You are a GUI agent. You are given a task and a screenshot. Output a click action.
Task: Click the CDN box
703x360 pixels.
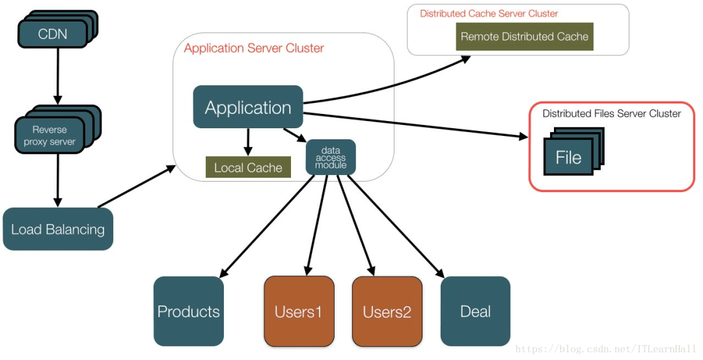(52, 33)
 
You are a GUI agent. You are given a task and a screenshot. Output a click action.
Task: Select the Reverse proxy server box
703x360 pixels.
(49, 135)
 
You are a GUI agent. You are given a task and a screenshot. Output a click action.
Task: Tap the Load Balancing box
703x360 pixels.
(58, 229)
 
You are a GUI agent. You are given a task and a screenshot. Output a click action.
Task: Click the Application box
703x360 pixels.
(248, 107)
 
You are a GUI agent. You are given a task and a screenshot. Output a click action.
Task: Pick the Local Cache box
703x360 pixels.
(248, 167)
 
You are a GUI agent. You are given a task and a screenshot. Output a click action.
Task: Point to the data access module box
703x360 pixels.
(331, 158)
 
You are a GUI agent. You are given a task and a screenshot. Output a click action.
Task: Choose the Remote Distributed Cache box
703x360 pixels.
(524, 36)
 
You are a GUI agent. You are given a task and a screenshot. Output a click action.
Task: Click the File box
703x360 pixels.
(568, 158)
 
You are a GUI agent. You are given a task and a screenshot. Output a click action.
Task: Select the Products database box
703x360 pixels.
(189, 311)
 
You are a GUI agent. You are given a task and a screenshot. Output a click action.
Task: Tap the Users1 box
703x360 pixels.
(299, 311)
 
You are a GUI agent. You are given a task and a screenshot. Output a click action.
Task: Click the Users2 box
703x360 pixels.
(387, 311)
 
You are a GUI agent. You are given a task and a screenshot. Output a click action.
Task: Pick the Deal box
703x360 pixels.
(475, 311)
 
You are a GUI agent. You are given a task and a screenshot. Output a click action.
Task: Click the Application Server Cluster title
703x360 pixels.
(254, 48)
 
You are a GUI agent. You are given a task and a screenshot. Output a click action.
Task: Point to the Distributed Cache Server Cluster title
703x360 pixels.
(489, 14)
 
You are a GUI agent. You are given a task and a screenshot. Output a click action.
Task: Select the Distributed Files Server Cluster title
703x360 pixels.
(611, 113)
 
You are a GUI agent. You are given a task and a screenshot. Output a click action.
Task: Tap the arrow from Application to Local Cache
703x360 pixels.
(248, 142)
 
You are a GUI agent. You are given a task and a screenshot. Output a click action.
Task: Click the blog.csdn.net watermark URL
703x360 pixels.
(605, 350)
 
